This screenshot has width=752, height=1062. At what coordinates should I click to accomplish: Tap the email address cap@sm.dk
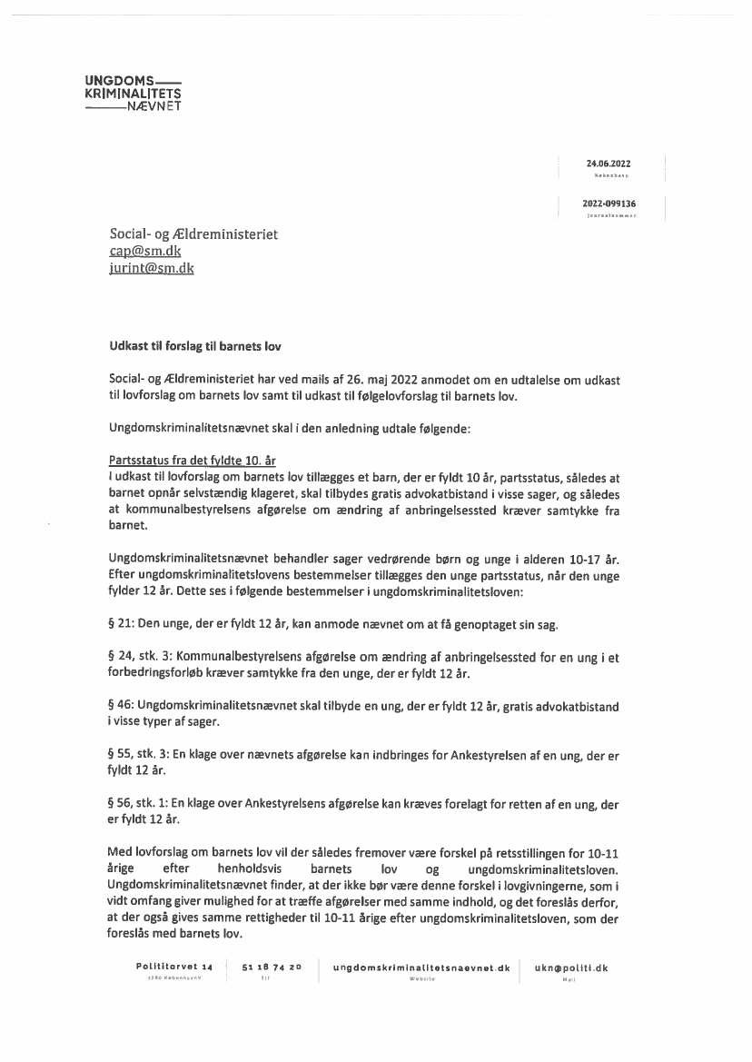(140, 251)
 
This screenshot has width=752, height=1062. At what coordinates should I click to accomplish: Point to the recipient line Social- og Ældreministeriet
(193, 234)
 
